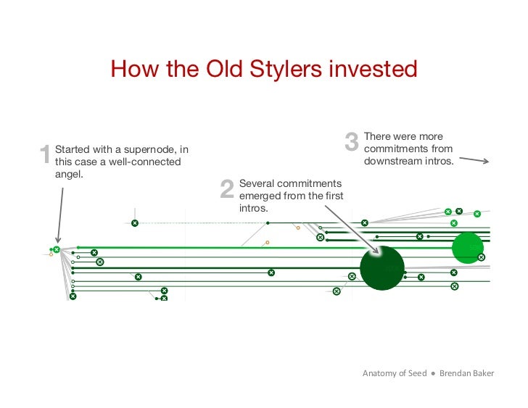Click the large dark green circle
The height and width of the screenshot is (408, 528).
point(381,267)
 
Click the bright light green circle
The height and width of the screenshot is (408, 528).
point(467,248)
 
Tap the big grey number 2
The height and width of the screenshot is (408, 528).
point(227,189)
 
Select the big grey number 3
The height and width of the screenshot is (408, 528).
point(352,142)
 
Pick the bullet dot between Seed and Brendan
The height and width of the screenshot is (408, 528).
point(432,374)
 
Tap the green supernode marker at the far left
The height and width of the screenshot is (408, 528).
point(56,250)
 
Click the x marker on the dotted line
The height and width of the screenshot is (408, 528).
point(134,223)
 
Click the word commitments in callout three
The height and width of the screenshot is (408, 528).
point(408,149)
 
